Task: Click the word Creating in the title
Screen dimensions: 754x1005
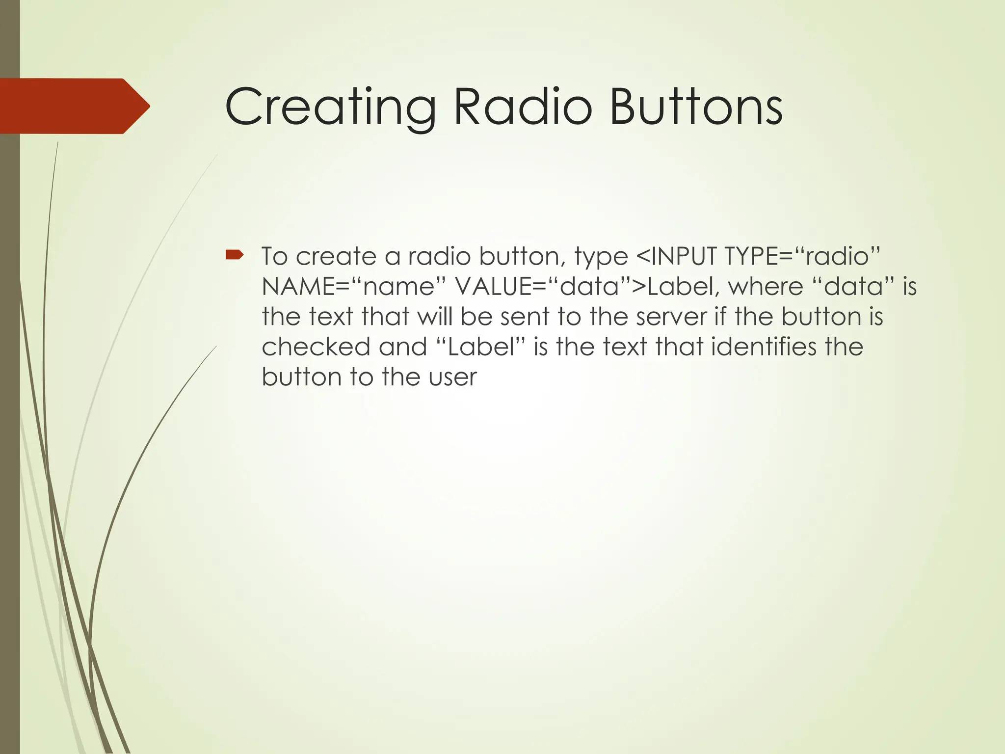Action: (x=330, y=107)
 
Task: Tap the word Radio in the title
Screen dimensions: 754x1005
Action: (x=523, y=107)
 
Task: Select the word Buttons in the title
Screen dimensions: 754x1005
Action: (x=695, y=107)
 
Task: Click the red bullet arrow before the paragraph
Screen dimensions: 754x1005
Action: (x=235, y=254)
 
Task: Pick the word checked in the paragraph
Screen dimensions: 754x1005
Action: (x=316, y=347)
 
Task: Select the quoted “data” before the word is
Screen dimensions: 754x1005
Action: (x=854, y=287)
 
